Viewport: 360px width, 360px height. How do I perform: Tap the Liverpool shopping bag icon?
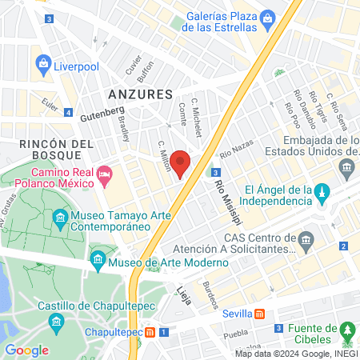[43, 66]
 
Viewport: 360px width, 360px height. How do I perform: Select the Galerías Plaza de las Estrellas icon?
[268, 18]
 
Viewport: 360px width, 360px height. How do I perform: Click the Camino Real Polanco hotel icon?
[103, 173]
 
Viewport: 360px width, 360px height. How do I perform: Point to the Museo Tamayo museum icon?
[61, 218]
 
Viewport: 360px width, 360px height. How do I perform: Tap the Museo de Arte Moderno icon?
[98, 259]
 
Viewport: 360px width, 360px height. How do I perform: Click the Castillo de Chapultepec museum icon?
[57, 322]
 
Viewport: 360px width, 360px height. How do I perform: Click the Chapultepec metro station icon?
[150, 332]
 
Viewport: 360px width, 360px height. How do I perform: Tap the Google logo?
[26, 350]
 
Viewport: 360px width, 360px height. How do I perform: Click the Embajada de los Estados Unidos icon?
[346, 166]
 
